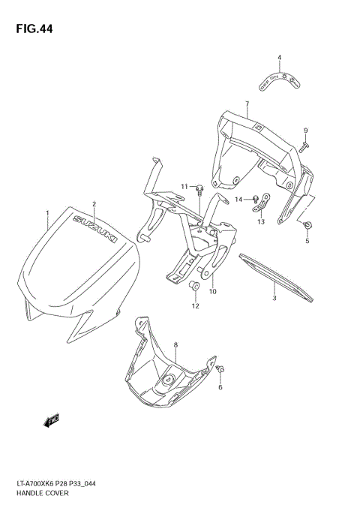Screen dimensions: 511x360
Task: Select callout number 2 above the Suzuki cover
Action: (94, 204)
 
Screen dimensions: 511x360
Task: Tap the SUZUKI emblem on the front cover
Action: (94, 230)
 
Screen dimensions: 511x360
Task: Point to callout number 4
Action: (279, 58)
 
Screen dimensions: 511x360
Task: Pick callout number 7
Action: (246, 103)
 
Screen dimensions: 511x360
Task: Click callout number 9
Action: (306, 131)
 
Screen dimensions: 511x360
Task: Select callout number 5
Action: (307, 242)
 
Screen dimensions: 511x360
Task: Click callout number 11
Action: (184, 186)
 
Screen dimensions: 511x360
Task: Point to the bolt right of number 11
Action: (200, 190)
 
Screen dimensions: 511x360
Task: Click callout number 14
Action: (239, 199)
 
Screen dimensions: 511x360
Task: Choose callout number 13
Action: (261, 222)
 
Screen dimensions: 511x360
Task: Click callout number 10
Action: (212, 291)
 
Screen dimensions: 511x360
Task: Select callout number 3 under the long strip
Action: (274, 298)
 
